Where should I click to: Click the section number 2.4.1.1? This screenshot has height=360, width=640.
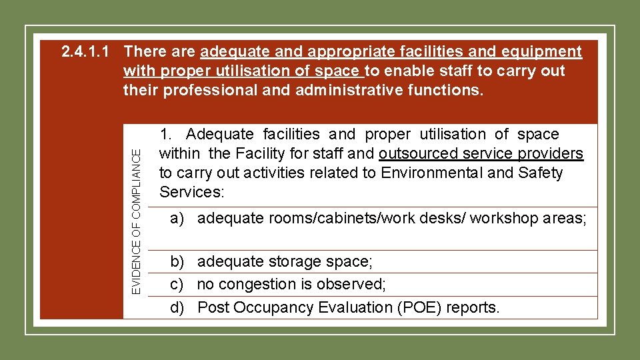click(85, 51)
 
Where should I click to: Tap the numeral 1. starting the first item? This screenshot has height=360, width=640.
click(166, 135)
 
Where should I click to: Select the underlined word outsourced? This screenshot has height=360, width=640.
click(418, 154)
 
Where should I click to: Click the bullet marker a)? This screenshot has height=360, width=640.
click(177, 218)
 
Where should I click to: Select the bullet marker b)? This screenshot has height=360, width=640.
click(177, 262)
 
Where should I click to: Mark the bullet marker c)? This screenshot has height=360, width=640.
click(177, 285)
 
